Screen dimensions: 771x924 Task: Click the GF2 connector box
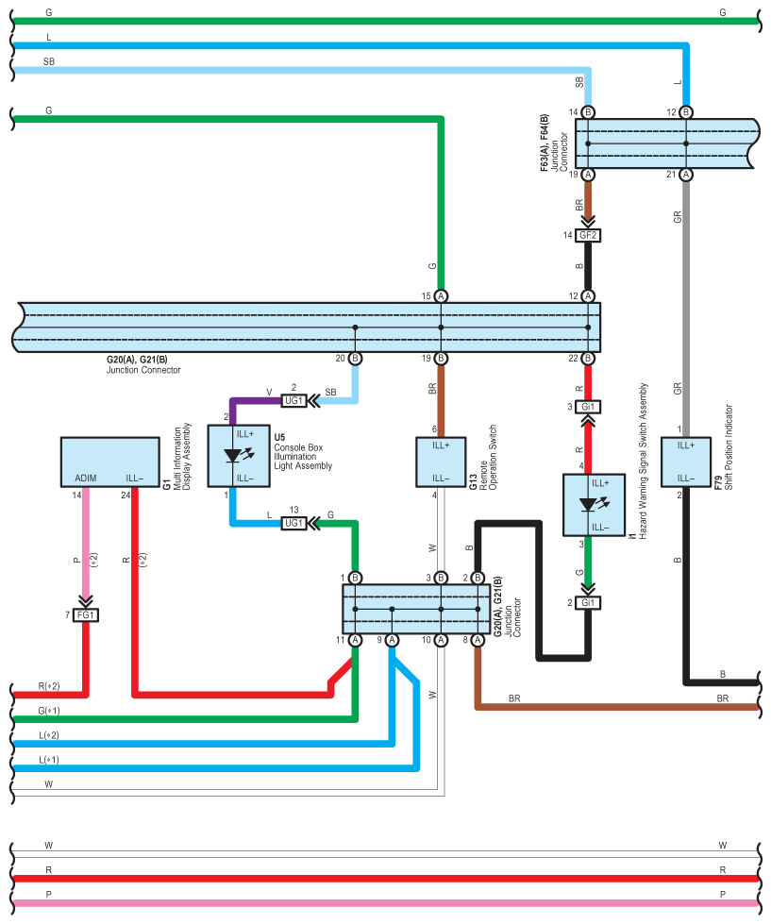tap(588, 235)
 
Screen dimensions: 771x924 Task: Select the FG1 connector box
tap(86, 615)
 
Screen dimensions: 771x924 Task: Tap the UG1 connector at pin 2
tap(293, 401)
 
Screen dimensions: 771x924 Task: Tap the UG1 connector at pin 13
tap(293, 523)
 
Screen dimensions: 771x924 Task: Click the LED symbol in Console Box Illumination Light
tap(239, 456)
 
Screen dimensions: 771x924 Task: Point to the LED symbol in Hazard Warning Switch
tap(595, 504)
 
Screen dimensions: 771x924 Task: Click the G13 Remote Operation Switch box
tap(441, 462)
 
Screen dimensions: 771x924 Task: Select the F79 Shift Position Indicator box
tap(685, 462)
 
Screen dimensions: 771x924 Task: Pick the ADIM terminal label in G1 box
tap(86, 478)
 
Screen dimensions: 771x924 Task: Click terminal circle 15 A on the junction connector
tap(441, 295)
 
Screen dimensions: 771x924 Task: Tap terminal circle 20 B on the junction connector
tap(355, 359)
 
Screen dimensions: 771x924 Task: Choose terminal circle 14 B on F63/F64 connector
tap(588, 112)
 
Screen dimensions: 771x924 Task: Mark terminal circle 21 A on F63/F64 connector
tap(685, 175)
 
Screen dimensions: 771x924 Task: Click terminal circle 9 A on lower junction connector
tap(392, 640)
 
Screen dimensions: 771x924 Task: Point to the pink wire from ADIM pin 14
tap(86, 542)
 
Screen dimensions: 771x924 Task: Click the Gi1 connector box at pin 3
tap(588, 407)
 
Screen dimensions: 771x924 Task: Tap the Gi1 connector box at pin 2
tap(588, 603)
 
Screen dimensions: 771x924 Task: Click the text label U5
tap(279, 437)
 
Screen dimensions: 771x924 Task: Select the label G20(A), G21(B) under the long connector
tap(137, 360)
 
